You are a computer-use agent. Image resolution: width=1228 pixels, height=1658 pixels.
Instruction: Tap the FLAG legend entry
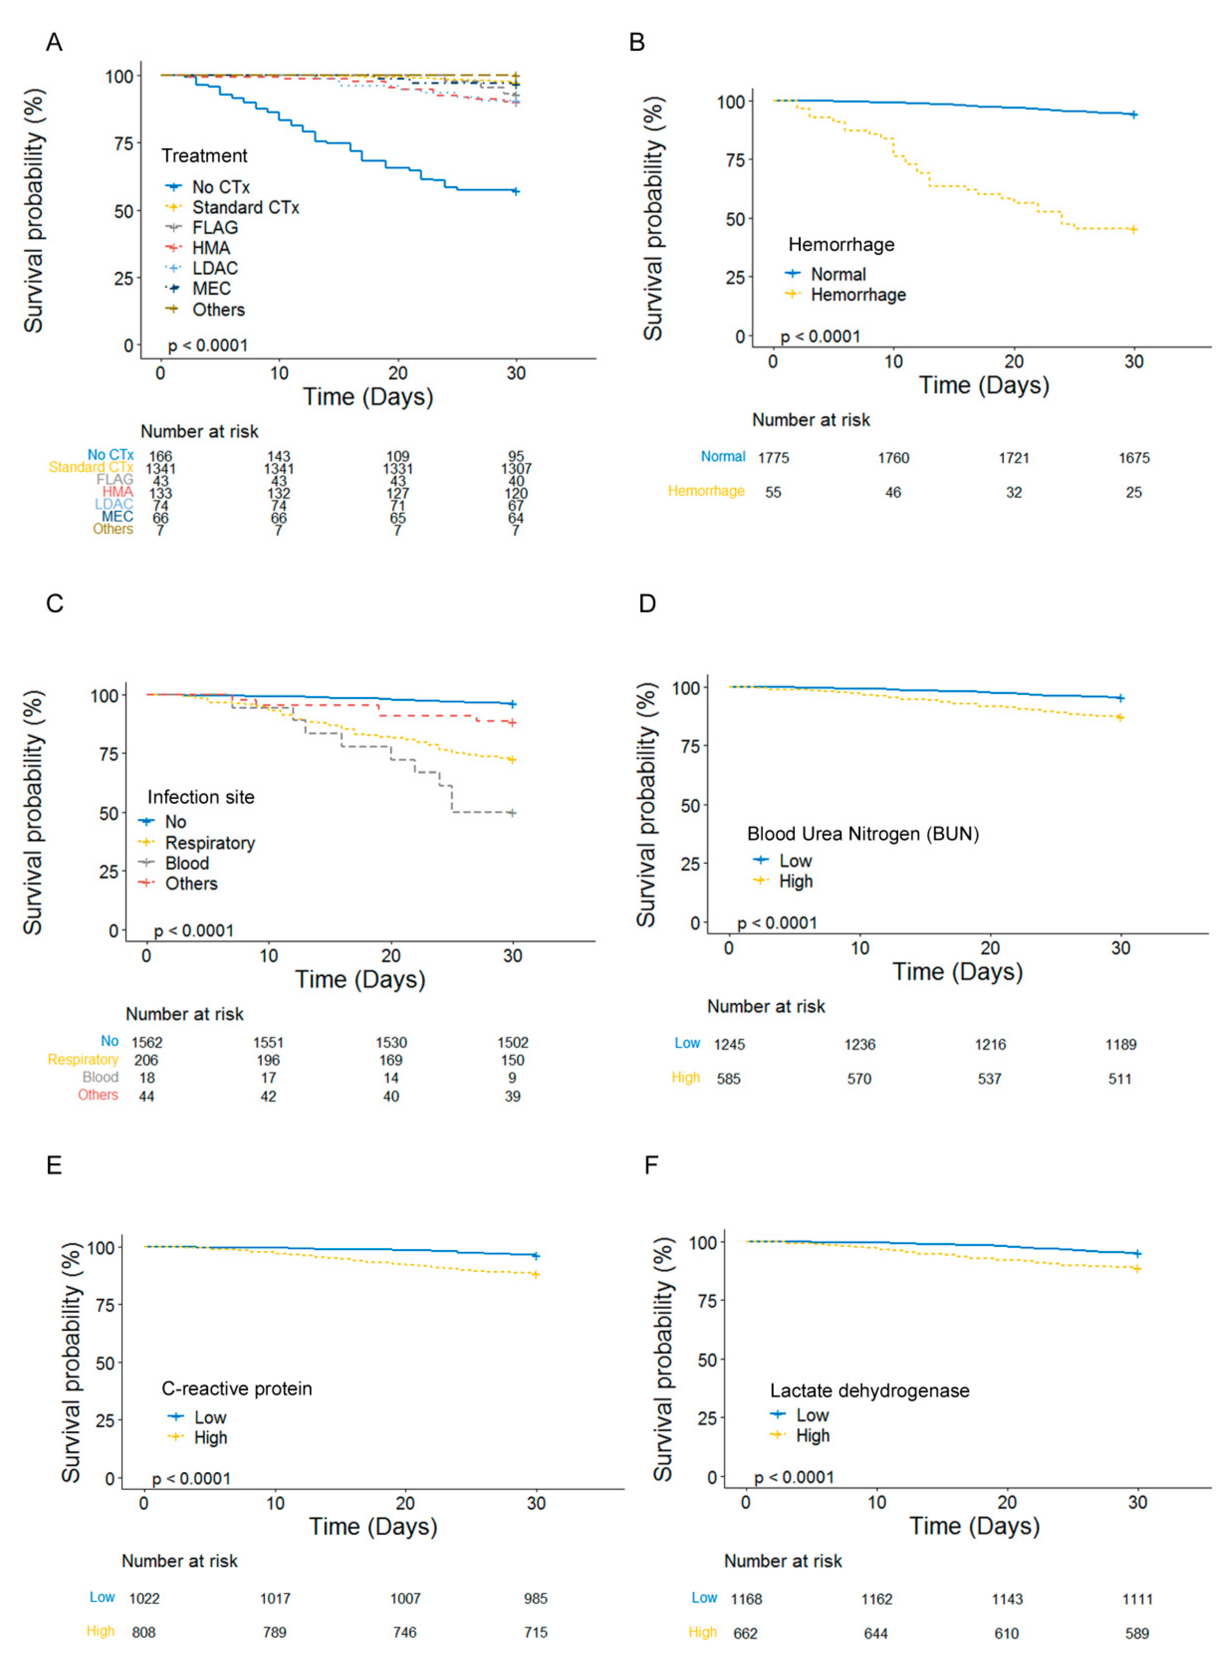[x=215, y=227]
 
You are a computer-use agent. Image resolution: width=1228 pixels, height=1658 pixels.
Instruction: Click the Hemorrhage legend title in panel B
[x=841, y=245]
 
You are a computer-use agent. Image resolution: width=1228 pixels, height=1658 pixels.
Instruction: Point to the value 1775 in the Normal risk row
[x=773, y=458]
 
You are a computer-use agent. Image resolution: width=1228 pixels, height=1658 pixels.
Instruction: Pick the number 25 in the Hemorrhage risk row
[x=1134, y=492]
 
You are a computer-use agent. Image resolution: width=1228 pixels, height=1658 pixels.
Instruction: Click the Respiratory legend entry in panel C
[x=210, y=843]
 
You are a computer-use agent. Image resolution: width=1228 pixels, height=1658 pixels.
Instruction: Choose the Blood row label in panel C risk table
[x=101, y=1077]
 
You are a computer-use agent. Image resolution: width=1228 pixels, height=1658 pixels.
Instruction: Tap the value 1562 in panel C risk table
[x=147, y=1042]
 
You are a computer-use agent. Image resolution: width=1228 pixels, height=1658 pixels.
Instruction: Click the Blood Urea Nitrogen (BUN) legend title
[x=862, y=834]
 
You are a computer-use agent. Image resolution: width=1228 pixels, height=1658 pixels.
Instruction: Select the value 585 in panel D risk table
[x=728, y=1078]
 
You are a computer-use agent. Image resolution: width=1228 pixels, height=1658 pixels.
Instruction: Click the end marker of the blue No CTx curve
[x=516, y=191]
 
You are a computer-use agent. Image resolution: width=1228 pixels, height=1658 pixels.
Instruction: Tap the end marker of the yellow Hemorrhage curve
[x=1134, y=229]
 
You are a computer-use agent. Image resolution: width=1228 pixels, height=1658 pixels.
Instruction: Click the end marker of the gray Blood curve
[x=512, y=813]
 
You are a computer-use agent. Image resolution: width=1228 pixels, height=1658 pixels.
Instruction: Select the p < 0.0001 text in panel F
[x=794, y=1478]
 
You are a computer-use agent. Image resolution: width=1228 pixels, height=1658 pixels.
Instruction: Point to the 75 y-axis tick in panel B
[x=735, y=160]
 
